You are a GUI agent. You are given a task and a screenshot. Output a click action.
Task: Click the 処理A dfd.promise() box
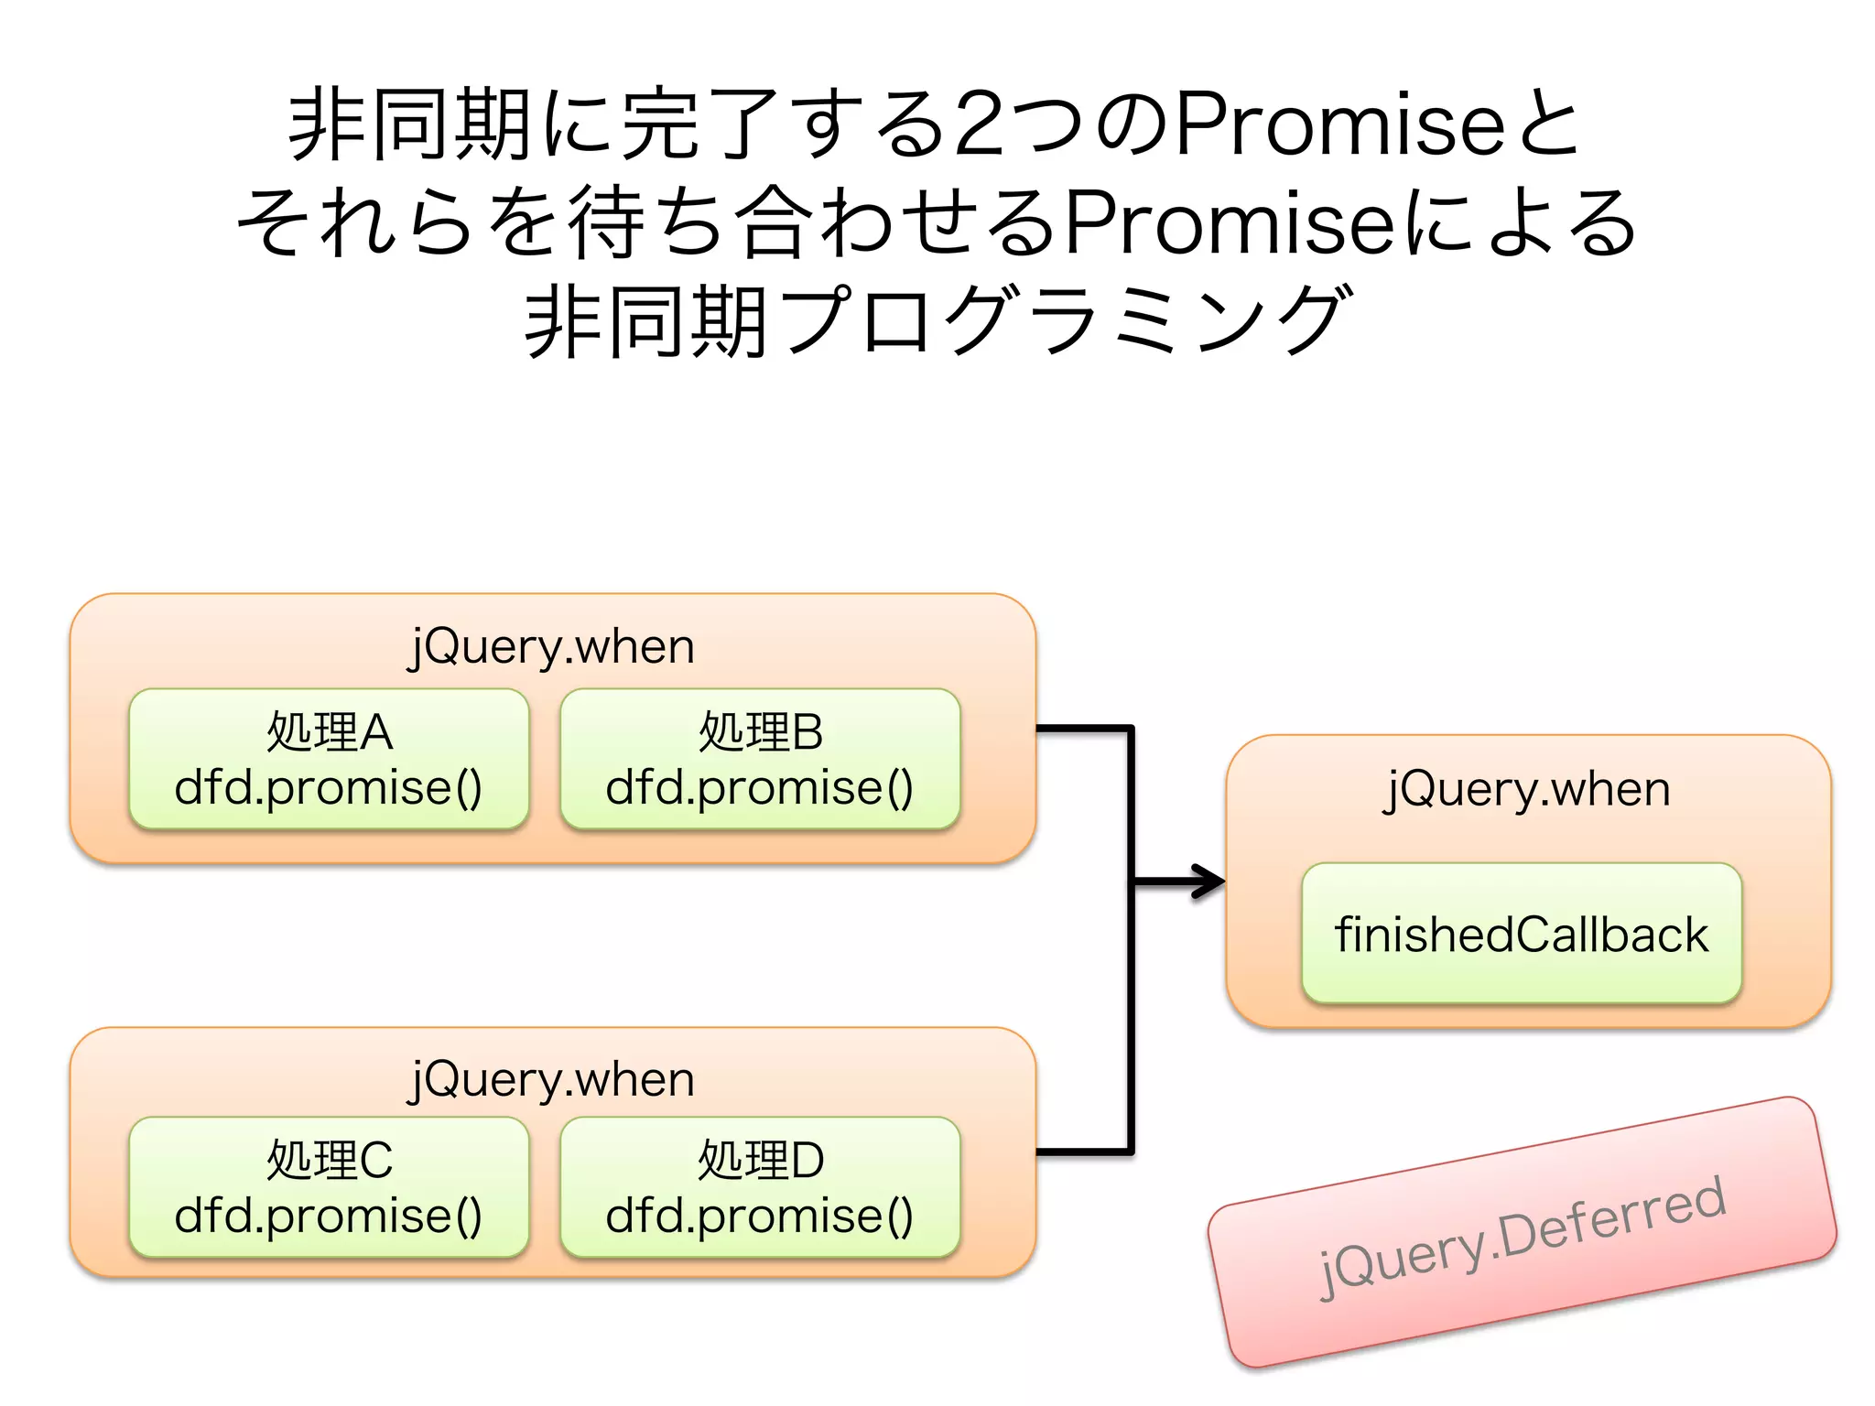tap(329, 760)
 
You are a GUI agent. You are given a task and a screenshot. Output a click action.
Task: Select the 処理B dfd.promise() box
tap(760, 760)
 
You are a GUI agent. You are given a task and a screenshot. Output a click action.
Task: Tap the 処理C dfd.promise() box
tap(329, 1187)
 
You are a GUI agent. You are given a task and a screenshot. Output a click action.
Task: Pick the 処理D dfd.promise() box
tap(760, 1187)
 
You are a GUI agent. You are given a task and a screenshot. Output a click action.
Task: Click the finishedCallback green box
tap(1521, 934)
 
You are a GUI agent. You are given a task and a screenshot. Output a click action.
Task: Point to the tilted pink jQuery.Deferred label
tap(1522, 1232)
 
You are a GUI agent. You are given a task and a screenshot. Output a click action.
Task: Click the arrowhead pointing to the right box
tap(1210, 881)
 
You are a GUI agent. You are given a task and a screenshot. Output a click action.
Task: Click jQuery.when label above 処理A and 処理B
tap(552, 646)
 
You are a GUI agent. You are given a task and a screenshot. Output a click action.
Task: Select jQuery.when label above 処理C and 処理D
tap(552, 1079)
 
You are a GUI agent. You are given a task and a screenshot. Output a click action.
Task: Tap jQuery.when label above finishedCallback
tap(1528, 788)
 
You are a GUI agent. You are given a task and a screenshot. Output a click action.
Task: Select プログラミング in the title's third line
tap(1062, 320)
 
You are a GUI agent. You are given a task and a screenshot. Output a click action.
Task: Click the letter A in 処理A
tap(375, 732)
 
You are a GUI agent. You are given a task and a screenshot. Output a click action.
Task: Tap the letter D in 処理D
tap(807, 1161)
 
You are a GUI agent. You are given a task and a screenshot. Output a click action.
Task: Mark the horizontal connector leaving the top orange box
tap(1083, 729)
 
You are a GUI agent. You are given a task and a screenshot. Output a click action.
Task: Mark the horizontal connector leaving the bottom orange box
tap(1083, 1152)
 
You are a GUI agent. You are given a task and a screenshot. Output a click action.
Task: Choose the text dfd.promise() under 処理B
tap(760, 788)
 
